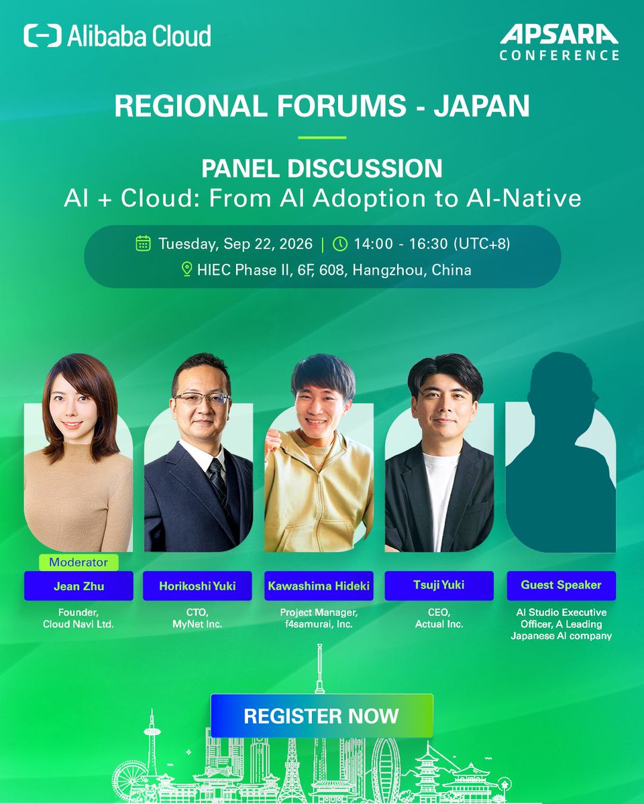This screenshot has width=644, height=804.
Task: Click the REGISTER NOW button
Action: coord(322,716)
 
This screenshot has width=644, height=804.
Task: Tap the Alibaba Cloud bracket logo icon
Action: coord(42,36)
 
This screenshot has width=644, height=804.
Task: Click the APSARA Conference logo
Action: coord(559,42)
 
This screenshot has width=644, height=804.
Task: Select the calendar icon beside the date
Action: coord(143,243)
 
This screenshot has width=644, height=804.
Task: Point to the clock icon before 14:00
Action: coord(340,244)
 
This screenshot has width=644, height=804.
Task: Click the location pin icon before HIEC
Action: coord(186,269)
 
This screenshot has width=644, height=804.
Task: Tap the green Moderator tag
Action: coord(78,562)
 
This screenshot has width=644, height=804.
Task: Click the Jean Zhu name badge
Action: coord(78,586)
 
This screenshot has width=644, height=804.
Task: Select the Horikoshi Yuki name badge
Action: coord(197,586)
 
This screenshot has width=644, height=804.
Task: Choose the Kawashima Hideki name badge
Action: coord(319,586)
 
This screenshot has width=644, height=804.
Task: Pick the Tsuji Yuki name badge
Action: coord(439,586)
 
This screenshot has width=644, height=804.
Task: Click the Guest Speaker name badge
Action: coord(561,586)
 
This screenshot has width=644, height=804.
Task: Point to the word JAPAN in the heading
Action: coord(482,105)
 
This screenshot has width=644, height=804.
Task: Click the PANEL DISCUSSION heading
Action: coord(322,168)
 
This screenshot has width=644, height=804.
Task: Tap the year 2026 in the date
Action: coord(296,244)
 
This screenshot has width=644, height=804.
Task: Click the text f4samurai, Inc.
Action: coord(319,624)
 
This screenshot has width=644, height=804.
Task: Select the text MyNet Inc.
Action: coord(197,624)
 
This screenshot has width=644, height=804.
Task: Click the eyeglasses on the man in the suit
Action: coord(201,399)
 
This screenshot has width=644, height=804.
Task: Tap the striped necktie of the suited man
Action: coord(218,481)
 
